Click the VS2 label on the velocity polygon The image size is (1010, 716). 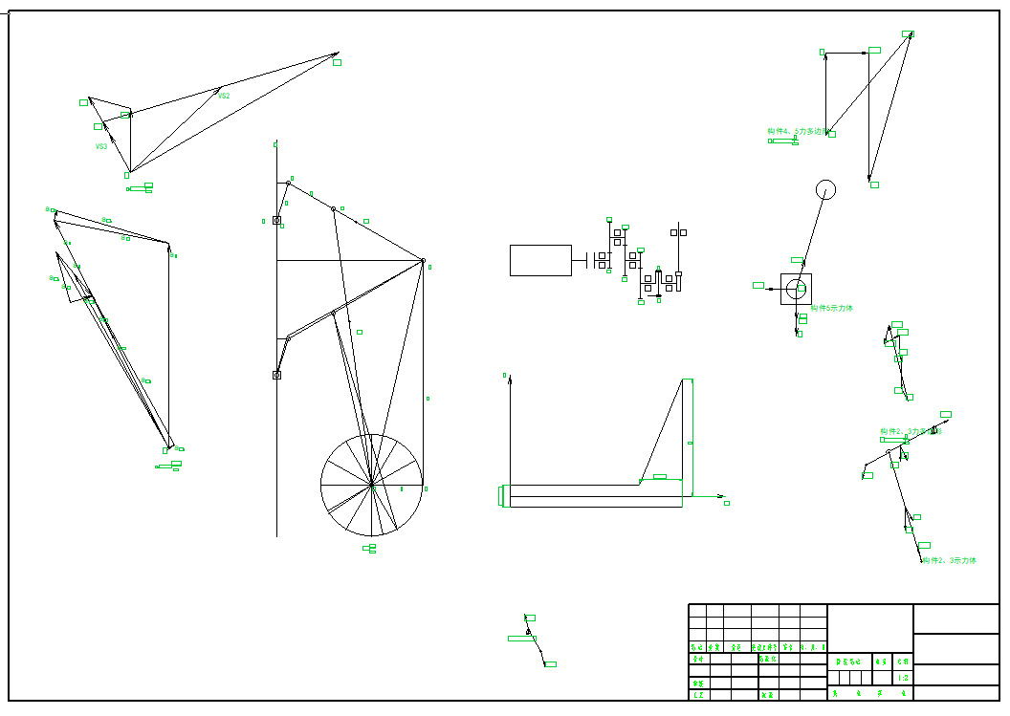[224, 96]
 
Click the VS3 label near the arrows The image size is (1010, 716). [101, 146]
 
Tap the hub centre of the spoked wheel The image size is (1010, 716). [371, 485]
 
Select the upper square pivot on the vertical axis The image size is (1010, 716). [276, 221]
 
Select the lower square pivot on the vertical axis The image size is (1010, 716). [276, 375]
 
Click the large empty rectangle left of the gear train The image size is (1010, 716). [540, 260]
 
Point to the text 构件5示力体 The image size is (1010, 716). [832, 309]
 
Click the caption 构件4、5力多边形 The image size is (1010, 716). [796, 132]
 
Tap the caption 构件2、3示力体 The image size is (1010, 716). [950, 560]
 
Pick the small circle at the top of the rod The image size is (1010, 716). [825, 189]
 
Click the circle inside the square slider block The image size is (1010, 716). [796, 289]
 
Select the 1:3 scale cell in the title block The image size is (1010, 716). [904, 678]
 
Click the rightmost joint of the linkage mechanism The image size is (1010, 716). [423, 260]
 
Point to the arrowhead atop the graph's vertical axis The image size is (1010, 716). [510, 379]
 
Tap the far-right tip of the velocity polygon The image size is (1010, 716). [338, 54]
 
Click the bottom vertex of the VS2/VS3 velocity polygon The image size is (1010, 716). [129, 172]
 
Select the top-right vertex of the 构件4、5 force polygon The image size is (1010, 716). [908, 33]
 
